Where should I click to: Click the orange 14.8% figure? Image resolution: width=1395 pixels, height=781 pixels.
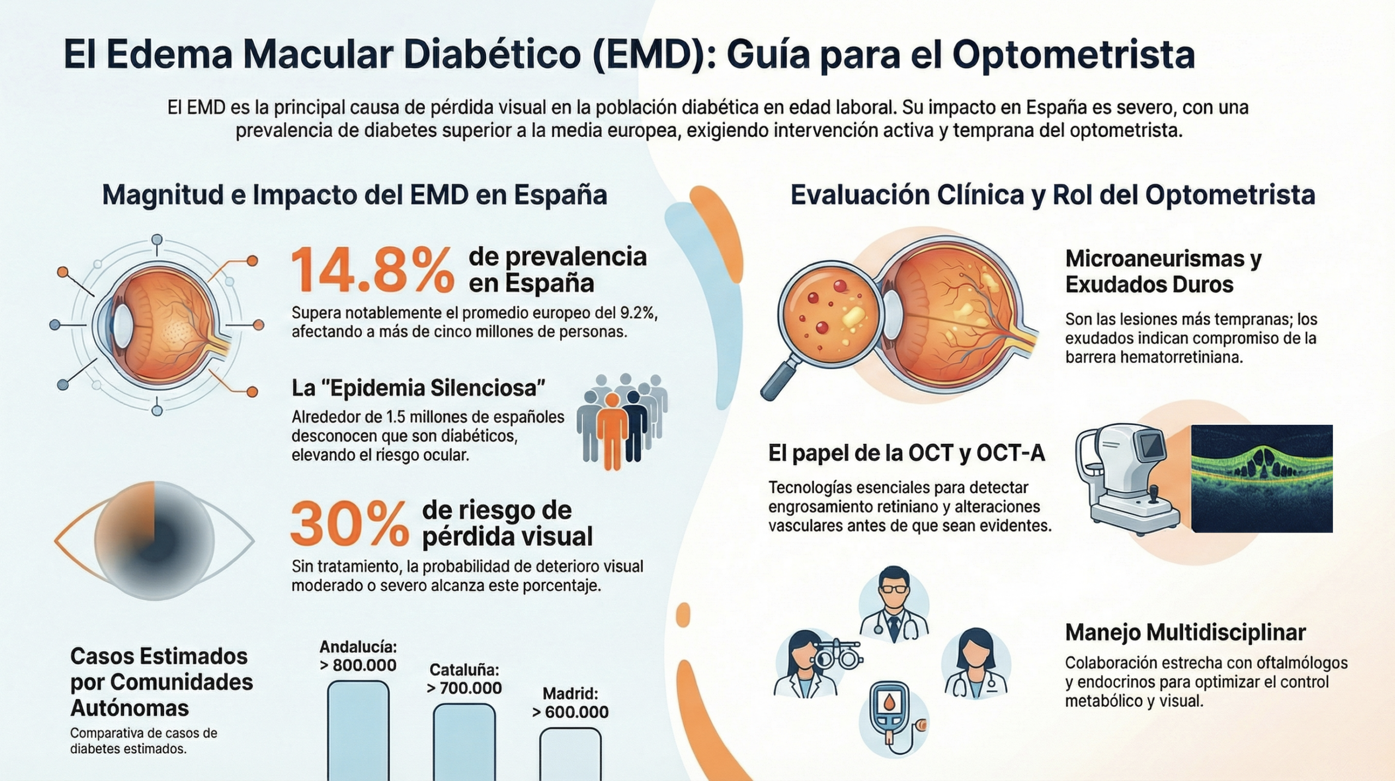(372, 270)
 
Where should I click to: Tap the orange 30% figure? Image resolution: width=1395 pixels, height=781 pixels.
(349, 524)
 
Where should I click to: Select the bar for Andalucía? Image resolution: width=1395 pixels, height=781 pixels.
(358, 730)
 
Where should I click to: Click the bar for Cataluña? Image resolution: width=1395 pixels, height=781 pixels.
(464, 742)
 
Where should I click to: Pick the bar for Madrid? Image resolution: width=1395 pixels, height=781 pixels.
(570, 754)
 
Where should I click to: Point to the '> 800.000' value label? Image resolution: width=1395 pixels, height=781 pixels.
(358, 665)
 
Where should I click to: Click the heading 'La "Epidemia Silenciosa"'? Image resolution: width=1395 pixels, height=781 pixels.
(418, 388)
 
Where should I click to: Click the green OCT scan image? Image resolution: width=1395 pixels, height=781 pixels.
(1261, 478)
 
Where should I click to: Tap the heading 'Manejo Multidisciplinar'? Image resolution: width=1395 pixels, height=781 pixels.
(1185, 632)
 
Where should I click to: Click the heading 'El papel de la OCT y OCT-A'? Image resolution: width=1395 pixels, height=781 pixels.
(906, 453)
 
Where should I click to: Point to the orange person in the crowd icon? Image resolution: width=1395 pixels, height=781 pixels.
(612, 430)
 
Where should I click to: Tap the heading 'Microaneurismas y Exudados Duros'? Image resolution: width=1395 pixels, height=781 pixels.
(1163, 271)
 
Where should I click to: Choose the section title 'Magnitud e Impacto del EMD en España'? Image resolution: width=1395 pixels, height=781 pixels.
(355, 195)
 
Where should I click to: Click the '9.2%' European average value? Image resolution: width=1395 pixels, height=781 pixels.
(637, 313)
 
